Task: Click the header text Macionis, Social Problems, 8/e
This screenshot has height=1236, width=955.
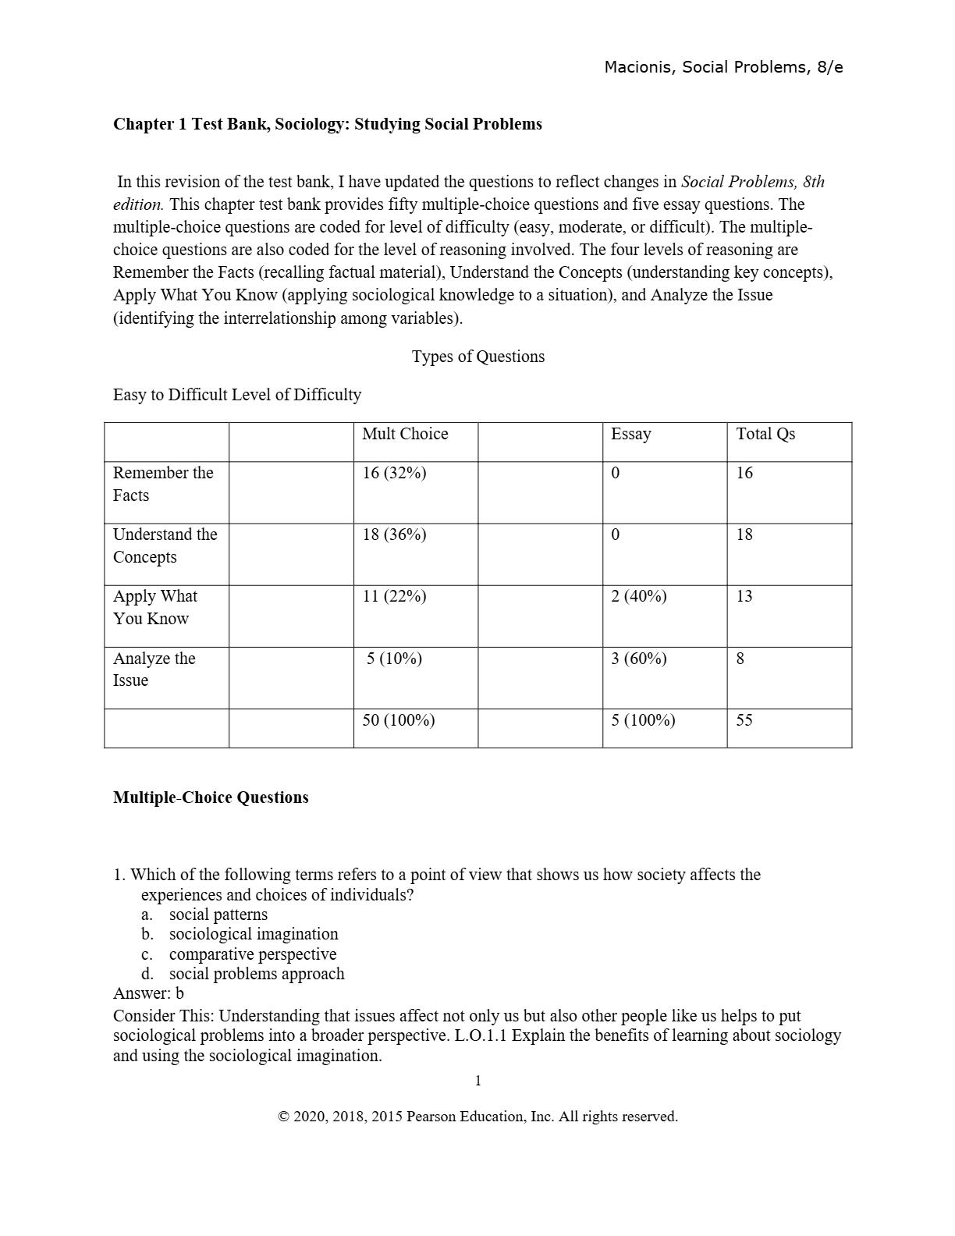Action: coord(723,67)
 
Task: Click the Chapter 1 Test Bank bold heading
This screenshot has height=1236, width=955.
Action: coord(327,124)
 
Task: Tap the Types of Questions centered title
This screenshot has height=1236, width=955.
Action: coord(477,357)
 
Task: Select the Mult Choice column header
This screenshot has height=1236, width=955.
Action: coord(405,434)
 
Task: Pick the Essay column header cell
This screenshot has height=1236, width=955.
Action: coord(630,434)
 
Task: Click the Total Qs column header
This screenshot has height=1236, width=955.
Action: coord(765,434)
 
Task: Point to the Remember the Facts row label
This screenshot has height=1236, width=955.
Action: coord(162,484)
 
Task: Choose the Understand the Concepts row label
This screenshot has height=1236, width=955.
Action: coord(165,545)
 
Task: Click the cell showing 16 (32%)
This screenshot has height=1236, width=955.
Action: coord(394,473)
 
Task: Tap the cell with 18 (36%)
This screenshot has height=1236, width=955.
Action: coord(394,535)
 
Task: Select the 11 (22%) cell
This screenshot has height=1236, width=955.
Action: coord(394,596)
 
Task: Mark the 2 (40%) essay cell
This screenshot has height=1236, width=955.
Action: coord(638,596)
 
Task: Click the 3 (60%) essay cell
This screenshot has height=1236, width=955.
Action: coord(638,659)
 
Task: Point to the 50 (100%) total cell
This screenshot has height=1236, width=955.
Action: coord(398,720)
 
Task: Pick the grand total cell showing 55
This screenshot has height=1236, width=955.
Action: coord(744,720)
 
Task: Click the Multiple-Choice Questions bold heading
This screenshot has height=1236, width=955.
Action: coord(211,797)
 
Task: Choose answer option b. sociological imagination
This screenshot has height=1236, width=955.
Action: coord(253,934)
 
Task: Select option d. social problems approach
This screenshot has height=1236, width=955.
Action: coord(256,974)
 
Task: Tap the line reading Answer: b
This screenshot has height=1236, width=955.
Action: coord(148,993)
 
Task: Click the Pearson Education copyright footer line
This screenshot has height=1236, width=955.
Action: coord(477,1117)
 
